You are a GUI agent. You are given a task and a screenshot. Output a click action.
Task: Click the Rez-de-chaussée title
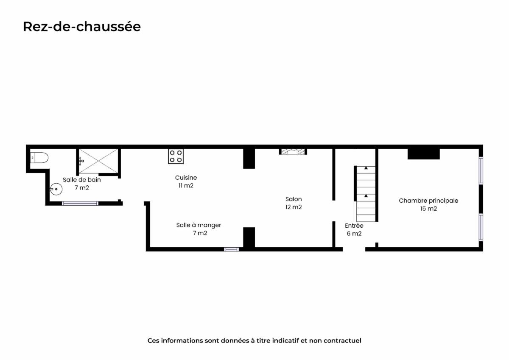(82, 27)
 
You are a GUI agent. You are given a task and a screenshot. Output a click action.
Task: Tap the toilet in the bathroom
(39, 158)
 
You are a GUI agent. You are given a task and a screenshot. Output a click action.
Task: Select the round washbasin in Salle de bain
(56, 189)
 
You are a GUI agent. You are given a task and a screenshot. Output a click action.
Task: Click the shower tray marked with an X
(98, 161)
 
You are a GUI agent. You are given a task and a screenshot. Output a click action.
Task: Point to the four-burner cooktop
(176, 156)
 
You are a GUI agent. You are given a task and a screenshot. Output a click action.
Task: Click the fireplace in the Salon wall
(293, 152)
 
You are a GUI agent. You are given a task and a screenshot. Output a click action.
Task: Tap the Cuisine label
(186, 178)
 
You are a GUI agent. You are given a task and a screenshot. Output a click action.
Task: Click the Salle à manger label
(199, 225)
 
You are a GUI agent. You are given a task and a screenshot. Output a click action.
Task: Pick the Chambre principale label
(428, 201)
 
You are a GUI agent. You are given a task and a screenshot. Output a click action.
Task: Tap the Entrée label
(354, 226)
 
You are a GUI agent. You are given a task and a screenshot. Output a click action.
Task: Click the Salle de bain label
(82, 180)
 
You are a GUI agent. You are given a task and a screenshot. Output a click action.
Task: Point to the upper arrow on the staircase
(366, 168)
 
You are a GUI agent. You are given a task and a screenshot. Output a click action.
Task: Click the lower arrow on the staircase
(366, 195)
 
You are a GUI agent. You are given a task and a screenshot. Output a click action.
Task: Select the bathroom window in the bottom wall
(80, 203)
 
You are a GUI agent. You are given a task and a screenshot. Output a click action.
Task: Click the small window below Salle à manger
(231, 249)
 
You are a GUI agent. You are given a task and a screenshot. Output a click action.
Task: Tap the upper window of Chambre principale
(481, 170)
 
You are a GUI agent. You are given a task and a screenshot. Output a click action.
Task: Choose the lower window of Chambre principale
(481, 227)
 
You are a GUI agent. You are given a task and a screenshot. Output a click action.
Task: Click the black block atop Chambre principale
(424, 154)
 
